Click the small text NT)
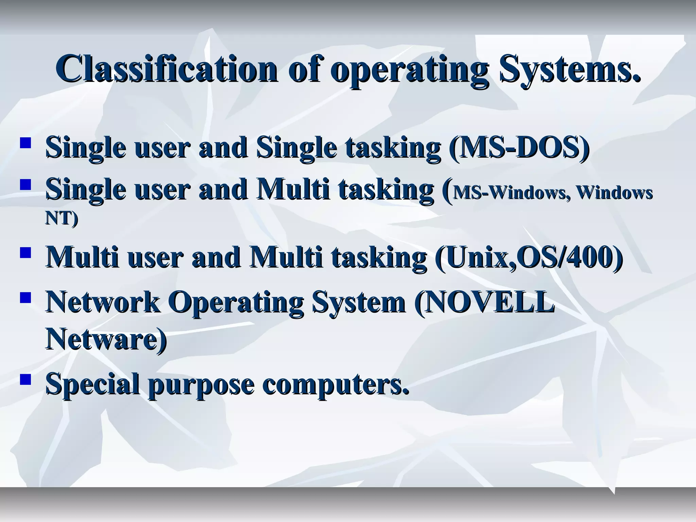(62, 219)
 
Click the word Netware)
(106, 338)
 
